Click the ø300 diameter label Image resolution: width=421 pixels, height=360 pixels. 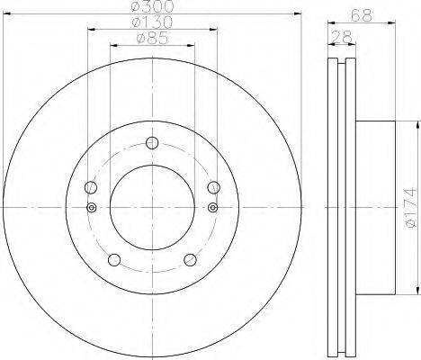click(x=152, y=6)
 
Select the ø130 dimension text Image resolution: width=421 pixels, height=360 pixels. click(x=152, y=22)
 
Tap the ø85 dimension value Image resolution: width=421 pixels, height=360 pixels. click(x=152, y=38)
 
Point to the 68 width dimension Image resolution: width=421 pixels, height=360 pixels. click(x=362, y=15)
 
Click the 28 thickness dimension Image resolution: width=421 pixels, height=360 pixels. click(x=342, y=37)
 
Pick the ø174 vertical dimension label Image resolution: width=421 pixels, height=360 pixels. click(x=411, y=207)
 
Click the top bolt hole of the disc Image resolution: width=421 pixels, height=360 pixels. click(x=152, y=143)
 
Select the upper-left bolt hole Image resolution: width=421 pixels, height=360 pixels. click(x=91, y=187)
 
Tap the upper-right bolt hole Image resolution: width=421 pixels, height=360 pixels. click(x=214, y=187)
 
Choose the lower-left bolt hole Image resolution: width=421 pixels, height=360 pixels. click(x=114, y=260)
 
